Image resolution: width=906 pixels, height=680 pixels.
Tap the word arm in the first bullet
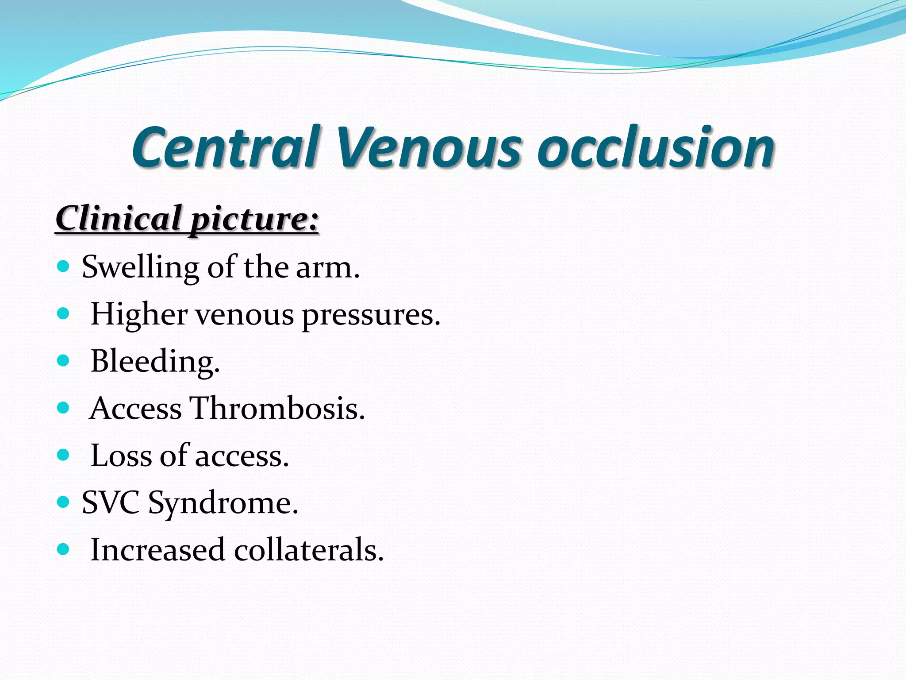pyautogui.click(x=325, y=268)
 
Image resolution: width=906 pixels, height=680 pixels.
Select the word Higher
pyautogui.click(x=139, y=315)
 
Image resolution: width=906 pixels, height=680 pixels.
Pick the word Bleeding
pyautogui.click(x=155, y=362)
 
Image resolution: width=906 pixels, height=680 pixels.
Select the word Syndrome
pyautogui.click(x=223, y=504)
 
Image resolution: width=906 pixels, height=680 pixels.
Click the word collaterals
pyautogui.click(x=308, y=550)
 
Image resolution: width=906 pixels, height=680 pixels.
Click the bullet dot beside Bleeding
pyautogui.click(x=64, y=360)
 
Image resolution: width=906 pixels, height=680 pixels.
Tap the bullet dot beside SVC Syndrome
pyautogui.click(x=64, y=502)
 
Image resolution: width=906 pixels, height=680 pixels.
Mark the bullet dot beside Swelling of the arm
pyautogui.click(x=64, y=267)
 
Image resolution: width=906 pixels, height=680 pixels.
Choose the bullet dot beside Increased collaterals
pyautogui.click(x=64, y=549)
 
